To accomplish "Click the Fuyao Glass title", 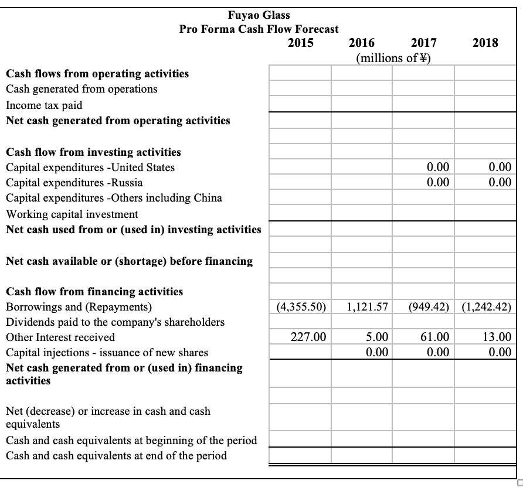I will point(259,15).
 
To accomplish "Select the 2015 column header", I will point(301,43).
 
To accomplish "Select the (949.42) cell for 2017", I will point(426,306).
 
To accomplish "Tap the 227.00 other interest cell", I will point(308,337).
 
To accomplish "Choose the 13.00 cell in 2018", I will point(497,337).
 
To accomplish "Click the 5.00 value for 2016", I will point(377,337).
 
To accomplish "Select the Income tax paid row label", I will point(44,105).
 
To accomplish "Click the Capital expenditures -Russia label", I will point(74,182).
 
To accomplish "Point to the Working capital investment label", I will point(72,214).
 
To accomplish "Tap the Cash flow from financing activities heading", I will point(94,291).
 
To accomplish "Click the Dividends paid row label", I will point(115,322).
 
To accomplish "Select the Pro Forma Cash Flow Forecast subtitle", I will point(259,29).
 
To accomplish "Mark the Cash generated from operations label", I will point(81,89).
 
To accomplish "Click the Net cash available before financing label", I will point(129,261).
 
